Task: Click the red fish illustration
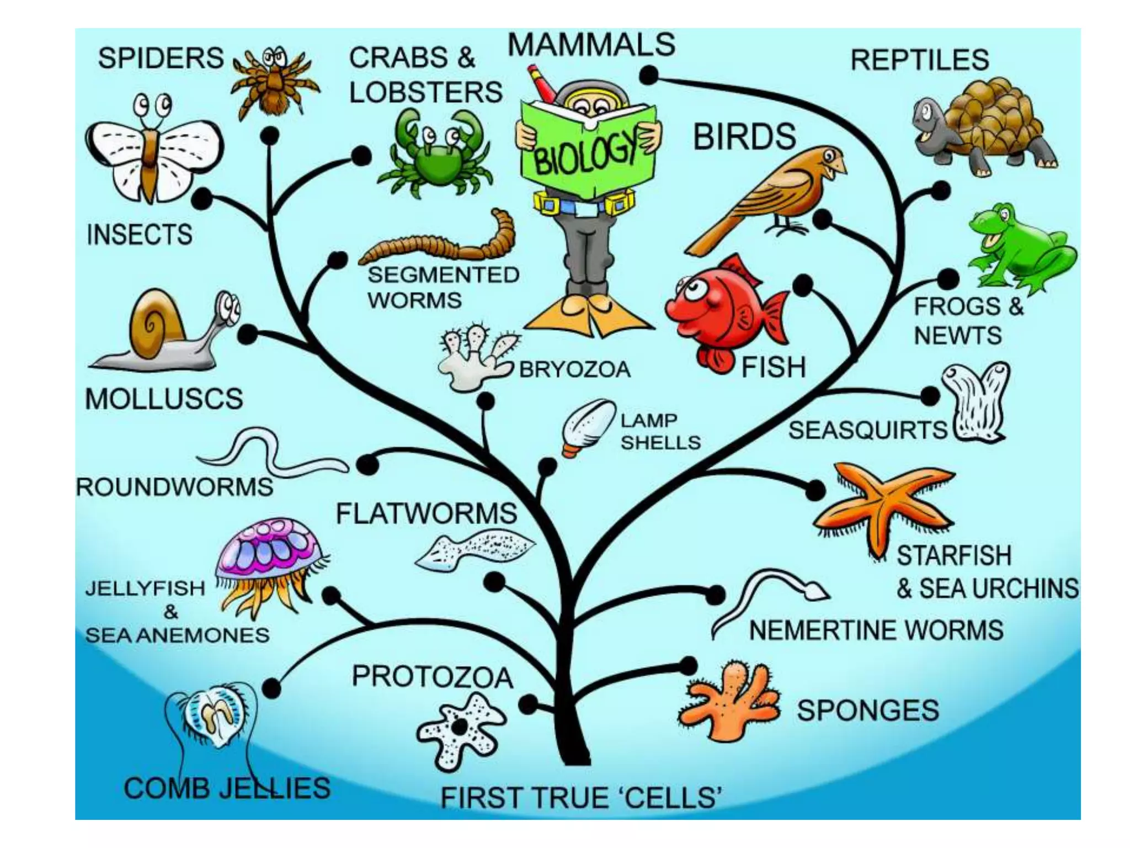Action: pyautogui.click(x=723, y=315)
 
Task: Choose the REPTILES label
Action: pyautogui.click(x=919, y=60)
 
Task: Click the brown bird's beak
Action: pyautogui.click(x=840, y=165)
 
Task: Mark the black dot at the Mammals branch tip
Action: pyautogui.click(x=649, y=75)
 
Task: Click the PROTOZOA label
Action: pyautogui.click(x=432, y=677)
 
